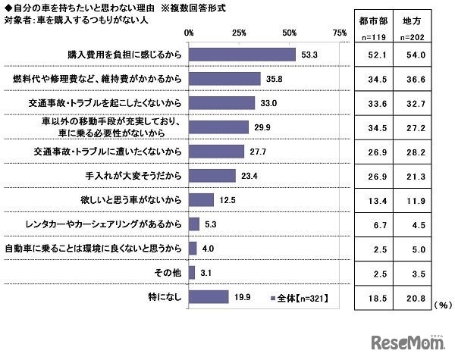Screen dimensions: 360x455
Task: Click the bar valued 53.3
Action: tap(242, 55)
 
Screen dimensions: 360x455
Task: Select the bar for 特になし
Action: tap(209, 297)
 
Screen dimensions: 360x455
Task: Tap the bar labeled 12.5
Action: tap(201, 200)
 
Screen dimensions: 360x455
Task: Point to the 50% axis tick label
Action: tap(289, 33)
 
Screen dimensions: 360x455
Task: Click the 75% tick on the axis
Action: tap(339, 33)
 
